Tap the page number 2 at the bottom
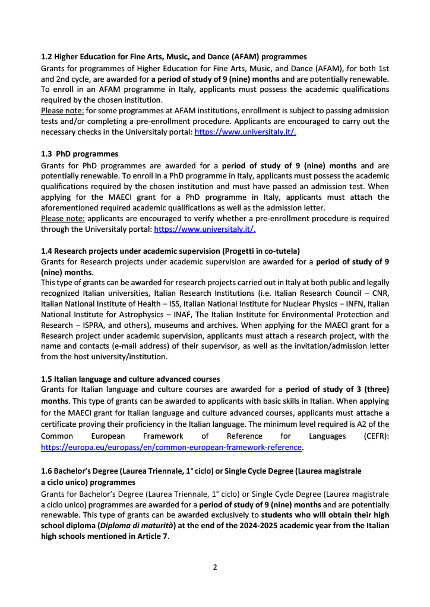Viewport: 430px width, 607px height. (215, 567)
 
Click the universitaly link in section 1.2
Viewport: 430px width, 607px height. (245, 132)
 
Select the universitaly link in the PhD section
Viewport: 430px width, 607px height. (205, 228)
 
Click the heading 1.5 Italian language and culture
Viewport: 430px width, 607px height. (130, 378)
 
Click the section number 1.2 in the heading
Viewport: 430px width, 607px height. (46, 57)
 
